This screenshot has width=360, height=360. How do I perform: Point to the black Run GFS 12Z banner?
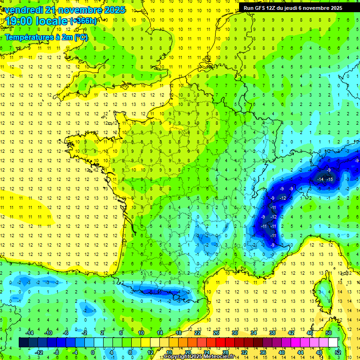[x=292, y=7]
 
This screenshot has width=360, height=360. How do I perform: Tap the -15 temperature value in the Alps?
[x=330, y=180]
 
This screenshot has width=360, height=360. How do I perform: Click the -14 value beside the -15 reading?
[x=321, y=180]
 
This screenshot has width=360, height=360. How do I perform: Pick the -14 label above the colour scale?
[x=29, y=333]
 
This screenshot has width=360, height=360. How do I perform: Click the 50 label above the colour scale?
[x=329, y=333]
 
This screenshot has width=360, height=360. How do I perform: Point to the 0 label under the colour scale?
[x=92, y=352]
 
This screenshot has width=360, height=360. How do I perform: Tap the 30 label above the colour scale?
[x=234, y=333]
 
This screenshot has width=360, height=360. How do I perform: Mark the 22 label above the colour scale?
[x=197, y=333]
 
